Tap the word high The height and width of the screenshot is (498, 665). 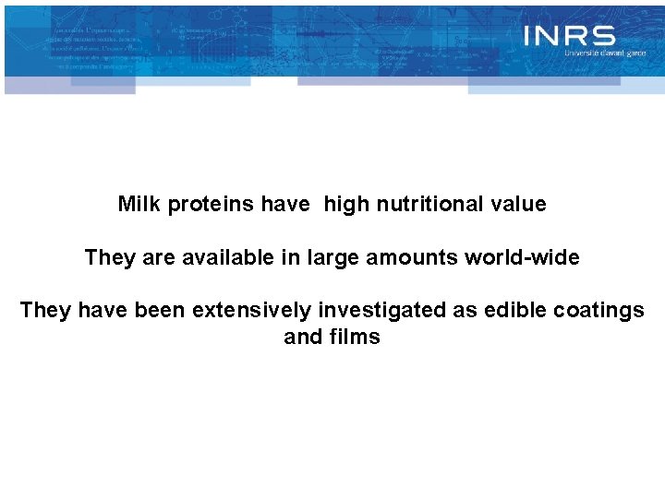(346, 204)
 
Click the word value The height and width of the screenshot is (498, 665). (517, 204)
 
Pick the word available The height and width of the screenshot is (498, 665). (228, 257)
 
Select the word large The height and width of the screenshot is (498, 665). (331, 257)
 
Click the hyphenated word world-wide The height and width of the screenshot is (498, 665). (522, 257)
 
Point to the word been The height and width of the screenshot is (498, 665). (160, 311)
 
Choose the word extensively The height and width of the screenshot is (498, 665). (251, 311)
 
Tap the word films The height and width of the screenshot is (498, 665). (355, 338)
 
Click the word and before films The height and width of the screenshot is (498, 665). (302, 338)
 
